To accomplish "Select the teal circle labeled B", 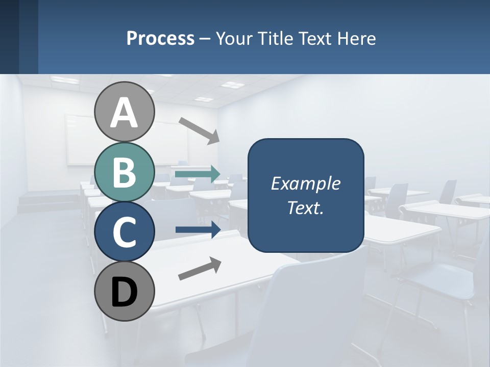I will point(125,172).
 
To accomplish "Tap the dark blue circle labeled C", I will point(125,232).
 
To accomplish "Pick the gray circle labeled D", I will point(125,292).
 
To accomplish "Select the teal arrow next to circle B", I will point(198,174).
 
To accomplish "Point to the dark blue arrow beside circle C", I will point(198,229).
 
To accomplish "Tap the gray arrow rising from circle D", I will point(200,269).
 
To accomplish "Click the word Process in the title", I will point(160,38).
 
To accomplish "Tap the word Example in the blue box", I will point(305,183).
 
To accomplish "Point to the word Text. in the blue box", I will point(305,207).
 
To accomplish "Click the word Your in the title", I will point(233,38).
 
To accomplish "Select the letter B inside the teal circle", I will point(125,172).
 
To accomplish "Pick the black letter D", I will point(125,292).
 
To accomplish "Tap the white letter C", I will point(125,232).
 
